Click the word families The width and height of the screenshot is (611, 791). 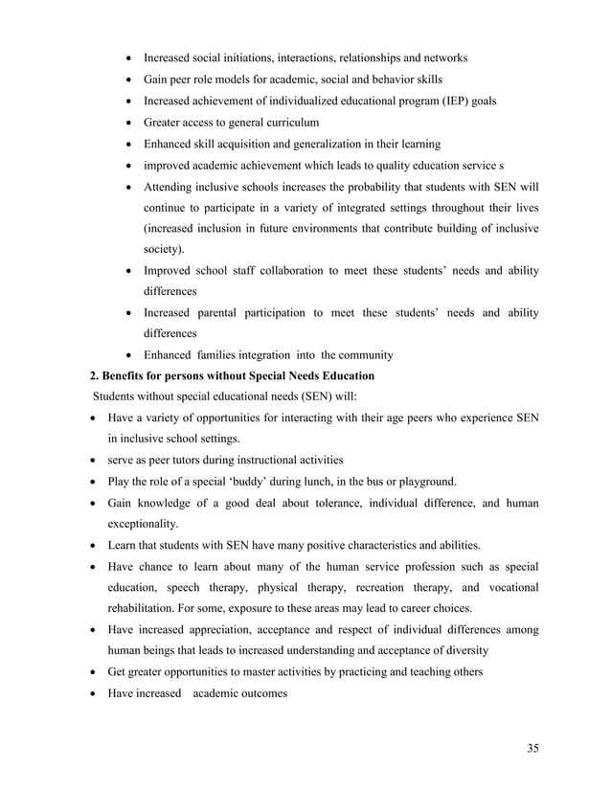pos(223,356)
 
